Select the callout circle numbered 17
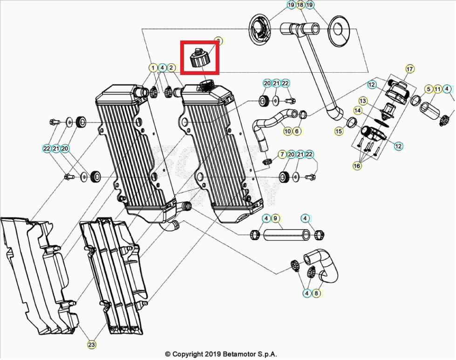(409, 69)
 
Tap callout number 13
(363, 101)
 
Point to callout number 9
(275, 218)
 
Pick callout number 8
(316, 293)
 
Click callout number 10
(287, 131)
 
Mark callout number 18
(300, 5)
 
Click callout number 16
(357, 166)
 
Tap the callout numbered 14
(358, 111)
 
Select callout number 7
(282, 154)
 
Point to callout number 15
(339, 132)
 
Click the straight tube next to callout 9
(286, 234)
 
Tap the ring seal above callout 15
(353, 122)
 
